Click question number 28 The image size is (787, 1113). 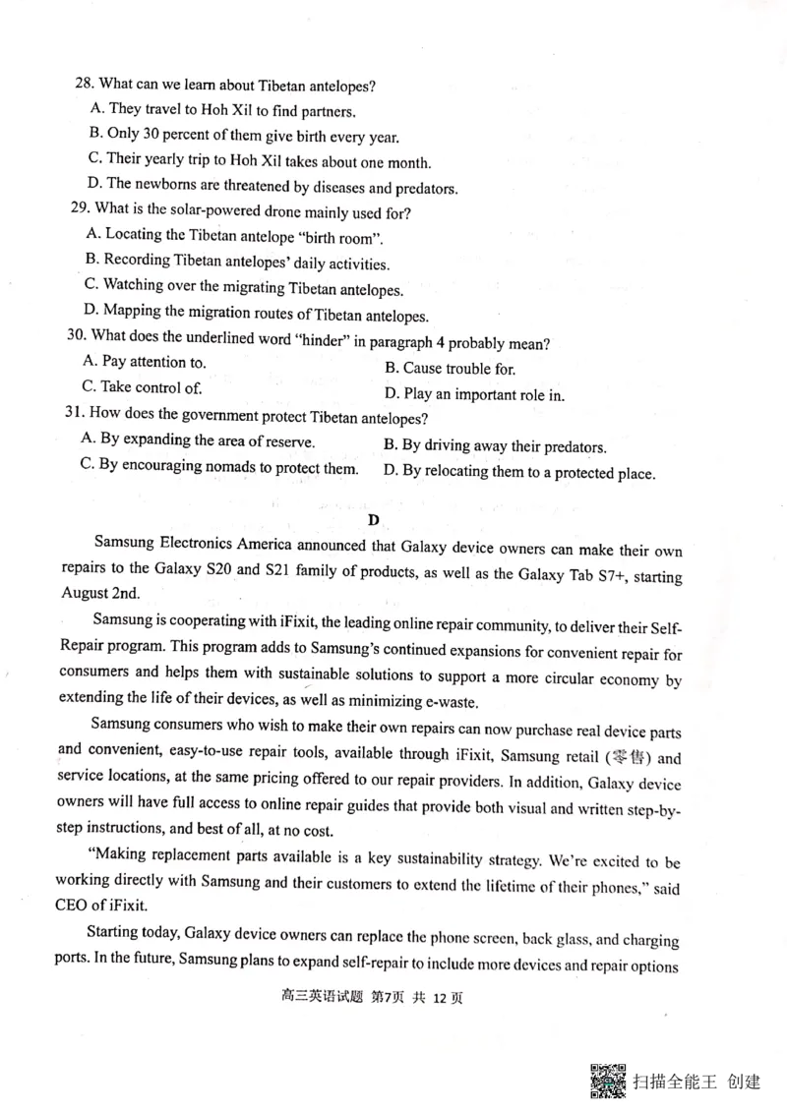85,84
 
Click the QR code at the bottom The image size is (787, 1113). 609,1081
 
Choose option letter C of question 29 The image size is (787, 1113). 91,286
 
